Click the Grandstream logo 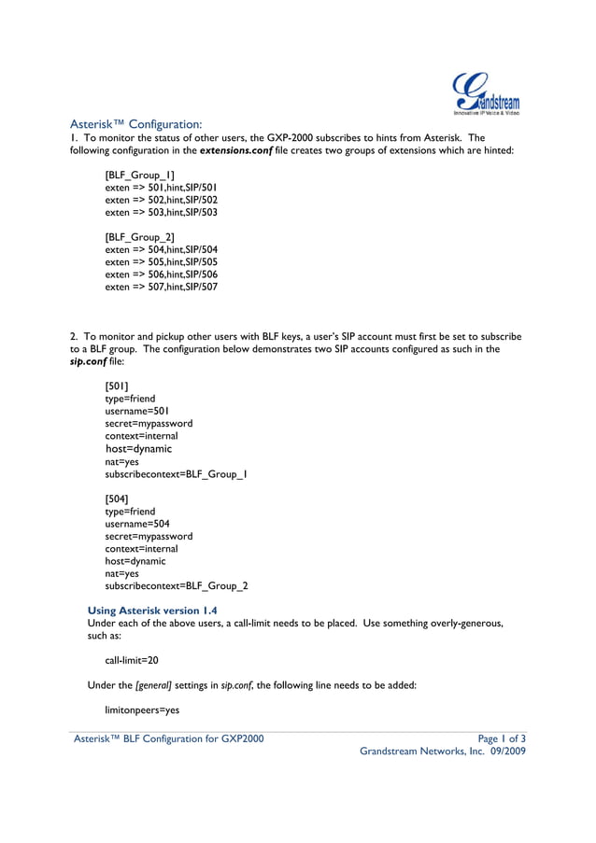pyautogui.click(x=485, y=93)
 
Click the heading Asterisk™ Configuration pyautogui.click(x=136, y=123)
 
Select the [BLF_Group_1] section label pyautogui.click(x=139, y=175)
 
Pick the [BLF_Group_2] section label pyautogui.click(x=140, y=237)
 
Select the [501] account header pyautogui.click(x=117, y=386)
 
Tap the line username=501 pyautogui.click(x=137, y=411)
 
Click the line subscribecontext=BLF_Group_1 pyautogui.click(x=176, y=474)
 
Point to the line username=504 pyautogui.click(x=137, y=525)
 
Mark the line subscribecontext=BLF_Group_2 pyautogui.click(x=176, y=586)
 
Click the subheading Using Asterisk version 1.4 pyautogui.click(x=152, y=610)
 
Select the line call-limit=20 pyautogui.click(x=132, y=659)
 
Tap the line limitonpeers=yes pyautogui.click(x=142, y=710)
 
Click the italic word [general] pyautogui.click(x=154, y=684)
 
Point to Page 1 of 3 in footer pyautogui.click(x=501, y=738)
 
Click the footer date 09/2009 pyautogui.click(x=508, y=752)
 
